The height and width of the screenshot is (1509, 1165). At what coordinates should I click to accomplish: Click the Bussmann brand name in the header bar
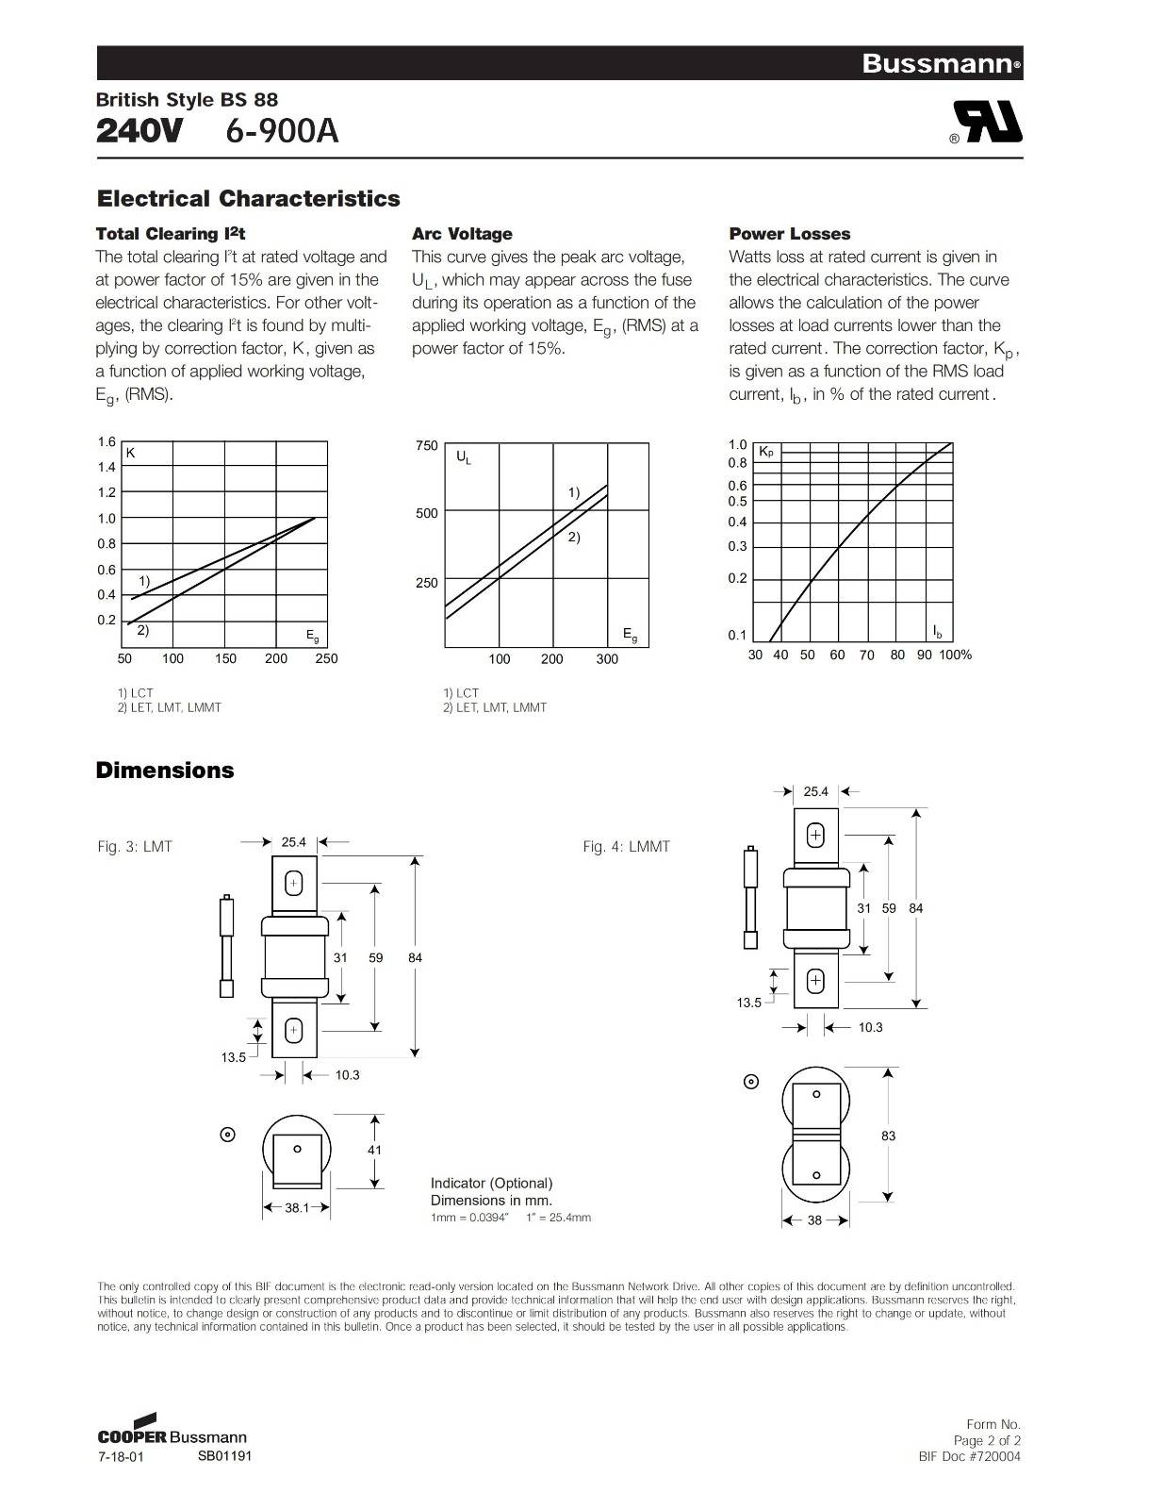[x=939, y=64]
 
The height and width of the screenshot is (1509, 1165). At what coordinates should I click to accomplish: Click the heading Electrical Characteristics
[x=248, y=199]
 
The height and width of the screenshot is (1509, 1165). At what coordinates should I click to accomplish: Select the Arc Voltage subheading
[x=462, y=234]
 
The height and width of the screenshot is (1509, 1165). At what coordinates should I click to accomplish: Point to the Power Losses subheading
[x=789, y=234]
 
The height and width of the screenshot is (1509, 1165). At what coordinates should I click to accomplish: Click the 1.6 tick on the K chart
[x=107, y=442]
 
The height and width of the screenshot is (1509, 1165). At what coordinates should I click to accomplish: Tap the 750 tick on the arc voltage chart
[x=427, y=445]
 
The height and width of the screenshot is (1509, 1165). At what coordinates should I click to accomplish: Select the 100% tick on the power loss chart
[x=955, y=655]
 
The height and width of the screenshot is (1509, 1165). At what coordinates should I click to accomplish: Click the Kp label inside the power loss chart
[x=766, y=453]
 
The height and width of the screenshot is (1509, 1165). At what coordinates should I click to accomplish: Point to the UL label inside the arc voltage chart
[x=464, y=457]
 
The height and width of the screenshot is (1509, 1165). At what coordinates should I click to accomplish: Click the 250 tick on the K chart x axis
[x=326, y=658]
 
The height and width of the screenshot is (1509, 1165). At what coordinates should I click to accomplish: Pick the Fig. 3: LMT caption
[x=135, y=847]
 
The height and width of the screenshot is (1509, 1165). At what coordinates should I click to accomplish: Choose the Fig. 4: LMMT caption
[x=626, y=847]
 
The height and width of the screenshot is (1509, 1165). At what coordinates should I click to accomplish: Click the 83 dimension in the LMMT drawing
[x=888, y=1136]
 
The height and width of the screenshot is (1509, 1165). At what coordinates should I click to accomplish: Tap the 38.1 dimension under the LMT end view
[x=297, y=1207]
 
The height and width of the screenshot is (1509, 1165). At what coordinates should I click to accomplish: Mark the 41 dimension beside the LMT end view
[x=375, y=1150]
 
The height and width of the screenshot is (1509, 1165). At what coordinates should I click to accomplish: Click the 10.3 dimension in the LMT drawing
[x=347, y=1074]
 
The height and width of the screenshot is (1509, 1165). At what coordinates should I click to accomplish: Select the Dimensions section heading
[x=165, y=771]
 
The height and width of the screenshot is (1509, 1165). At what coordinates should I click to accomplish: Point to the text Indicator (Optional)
[x=491, y=1183]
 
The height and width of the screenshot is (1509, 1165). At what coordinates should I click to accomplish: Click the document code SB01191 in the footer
[x=224, y=1455]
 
